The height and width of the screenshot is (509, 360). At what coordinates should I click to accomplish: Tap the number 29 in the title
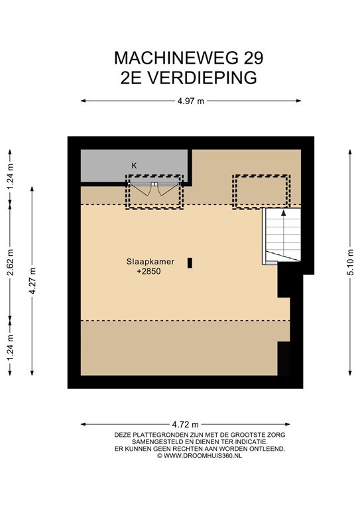coord(254,58)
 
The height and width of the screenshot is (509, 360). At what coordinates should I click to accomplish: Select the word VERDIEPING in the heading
coord(202,78)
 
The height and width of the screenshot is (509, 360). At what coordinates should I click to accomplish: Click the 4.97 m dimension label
coord(190,101)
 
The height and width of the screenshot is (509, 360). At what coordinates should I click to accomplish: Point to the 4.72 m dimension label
coord(185,424)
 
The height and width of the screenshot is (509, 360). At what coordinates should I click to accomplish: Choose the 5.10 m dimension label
coord(350,262)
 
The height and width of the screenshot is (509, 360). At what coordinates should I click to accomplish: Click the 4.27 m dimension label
coord(32,281)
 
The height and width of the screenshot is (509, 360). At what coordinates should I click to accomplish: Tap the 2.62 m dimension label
coord(10,262)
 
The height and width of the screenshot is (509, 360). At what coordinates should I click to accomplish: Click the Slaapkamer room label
coord(150,261)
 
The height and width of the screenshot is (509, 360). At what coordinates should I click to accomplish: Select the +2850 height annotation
coord(149,271)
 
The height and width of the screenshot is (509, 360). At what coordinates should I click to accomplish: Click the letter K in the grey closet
coord(134,166)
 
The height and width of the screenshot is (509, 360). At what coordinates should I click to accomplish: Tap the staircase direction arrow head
coord(284,213)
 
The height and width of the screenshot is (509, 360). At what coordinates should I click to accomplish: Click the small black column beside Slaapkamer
coord(190,263)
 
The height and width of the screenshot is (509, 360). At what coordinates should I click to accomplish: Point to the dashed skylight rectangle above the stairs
coord(261,176)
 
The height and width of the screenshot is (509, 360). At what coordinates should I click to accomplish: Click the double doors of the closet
coord(154,189)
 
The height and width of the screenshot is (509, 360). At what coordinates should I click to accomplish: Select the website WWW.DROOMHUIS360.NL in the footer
coord(200,455)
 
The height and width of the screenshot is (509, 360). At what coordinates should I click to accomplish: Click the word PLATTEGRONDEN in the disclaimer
coord(158,435)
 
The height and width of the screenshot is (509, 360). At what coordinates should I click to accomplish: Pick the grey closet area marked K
coord(135,166)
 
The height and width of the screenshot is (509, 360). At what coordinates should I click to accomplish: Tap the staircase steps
coord(283,235)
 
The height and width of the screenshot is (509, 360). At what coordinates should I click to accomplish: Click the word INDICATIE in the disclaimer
coord(251,442)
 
